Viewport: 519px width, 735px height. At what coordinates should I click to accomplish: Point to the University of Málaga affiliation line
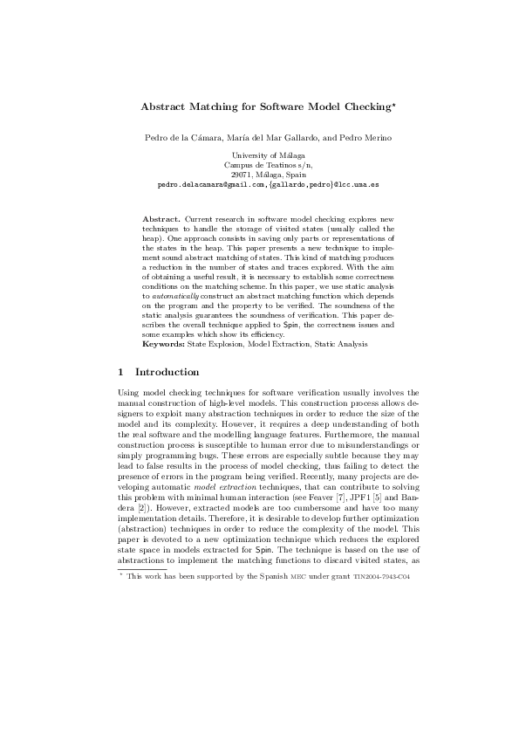pos(259,155)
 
